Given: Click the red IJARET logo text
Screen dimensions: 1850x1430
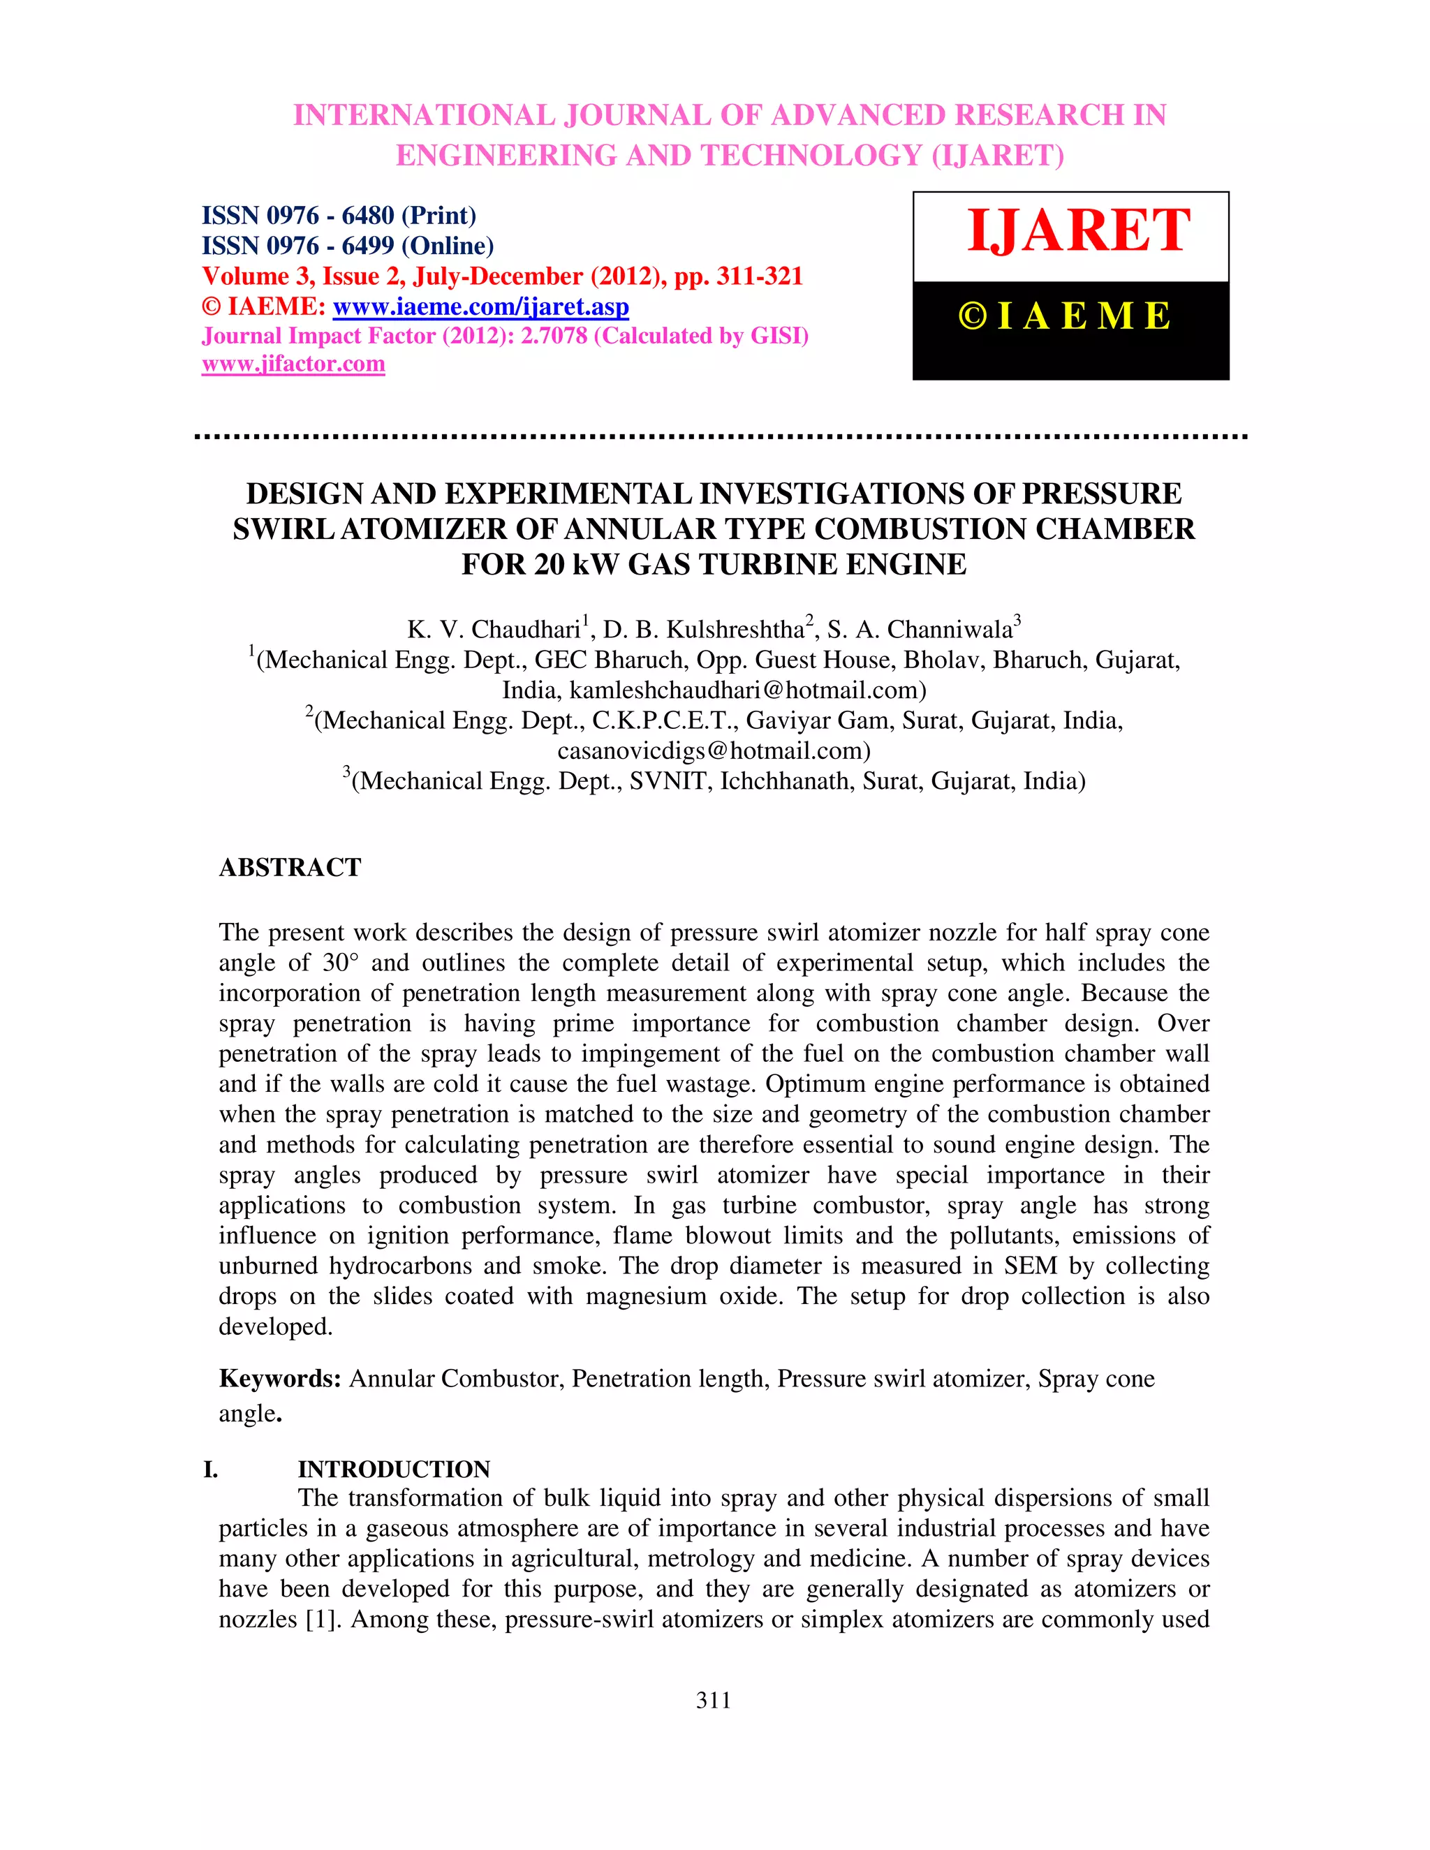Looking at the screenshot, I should [x=1078, y=230].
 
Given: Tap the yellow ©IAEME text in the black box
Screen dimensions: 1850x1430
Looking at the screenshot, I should [x=1065, y=316].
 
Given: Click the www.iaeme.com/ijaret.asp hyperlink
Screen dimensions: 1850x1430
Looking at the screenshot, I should [x=480, y=306].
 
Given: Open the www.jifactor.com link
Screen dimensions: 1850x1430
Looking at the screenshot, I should [x=293, y=364].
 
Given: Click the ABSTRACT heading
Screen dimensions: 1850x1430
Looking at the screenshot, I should [x=290, y=867].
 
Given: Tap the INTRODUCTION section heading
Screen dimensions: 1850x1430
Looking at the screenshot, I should [x=394, y=1469].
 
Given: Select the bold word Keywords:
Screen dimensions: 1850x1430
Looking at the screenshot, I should [x=279, y=1379].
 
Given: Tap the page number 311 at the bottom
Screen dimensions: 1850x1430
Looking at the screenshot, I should [x=714, y=1700].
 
